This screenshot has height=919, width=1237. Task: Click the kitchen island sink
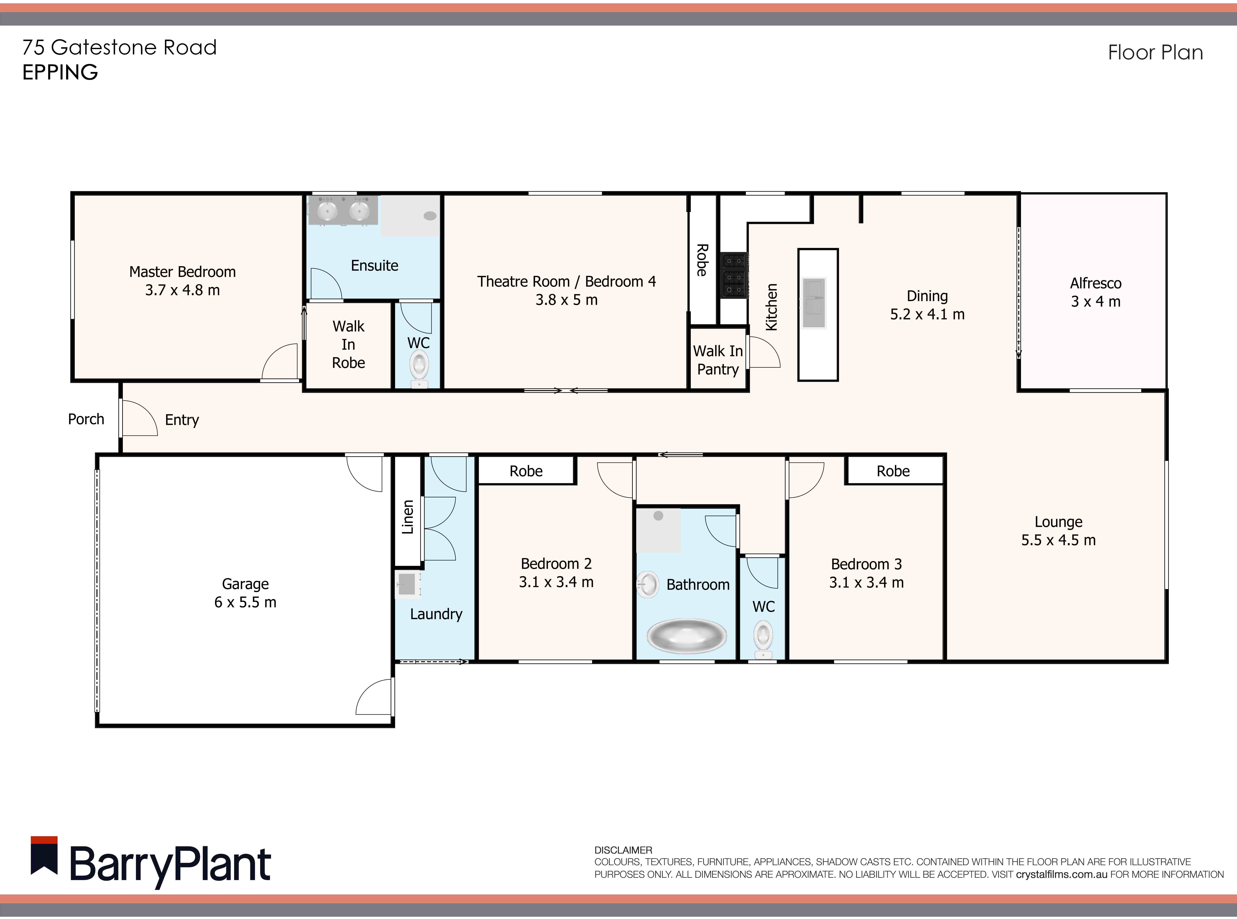(x=814, y=303)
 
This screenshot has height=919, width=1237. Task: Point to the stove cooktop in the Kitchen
(x=734, y=275)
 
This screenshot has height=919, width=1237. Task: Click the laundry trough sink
(x=407, y=584)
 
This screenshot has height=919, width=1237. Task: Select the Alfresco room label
(x=1095, y=283)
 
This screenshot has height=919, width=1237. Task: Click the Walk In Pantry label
(x=718, y=360)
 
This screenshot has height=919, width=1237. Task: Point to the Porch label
(x=86, y=419)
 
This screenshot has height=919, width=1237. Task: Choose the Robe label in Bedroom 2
(x=526, y=471)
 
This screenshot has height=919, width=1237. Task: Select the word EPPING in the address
(x=60, y=72)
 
